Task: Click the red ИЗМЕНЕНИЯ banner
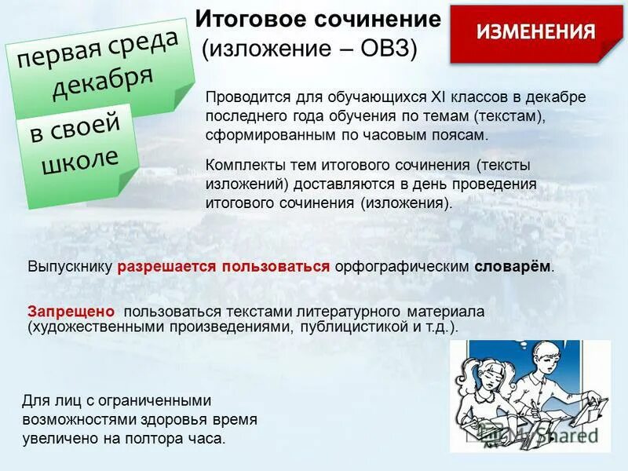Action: pos(536,32)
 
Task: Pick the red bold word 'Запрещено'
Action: pos(71,311)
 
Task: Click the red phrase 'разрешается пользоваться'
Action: pos(224,266)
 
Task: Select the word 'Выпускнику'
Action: pos(71,266)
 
